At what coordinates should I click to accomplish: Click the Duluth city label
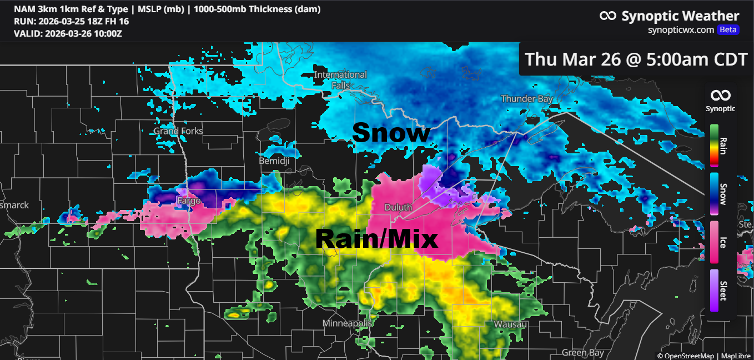click(x=398, y=207)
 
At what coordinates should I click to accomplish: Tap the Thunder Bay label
click(x=527, y=99)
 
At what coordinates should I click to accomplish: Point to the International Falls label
click(x=340, y=80)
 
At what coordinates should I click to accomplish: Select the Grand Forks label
click(x=178, y=131)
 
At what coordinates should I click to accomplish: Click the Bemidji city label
click(x=275, y=161)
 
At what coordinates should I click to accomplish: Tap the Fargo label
click(x=188, y=201)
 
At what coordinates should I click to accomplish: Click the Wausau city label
click(x=510, y=324)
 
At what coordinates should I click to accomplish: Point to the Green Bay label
click(x=582, y=353)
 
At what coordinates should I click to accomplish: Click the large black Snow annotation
click(x=391, y=133)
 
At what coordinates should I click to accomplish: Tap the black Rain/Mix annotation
click(x=376, y=239)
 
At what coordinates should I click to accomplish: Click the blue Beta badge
click(x=728, y=30)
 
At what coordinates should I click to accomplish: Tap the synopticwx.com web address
click(x=681, y=30)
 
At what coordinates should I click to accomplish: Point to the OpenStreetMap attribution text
click(x=686, y=356)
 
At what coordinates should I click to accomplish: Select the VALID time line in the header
click(x=68, y=33)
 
